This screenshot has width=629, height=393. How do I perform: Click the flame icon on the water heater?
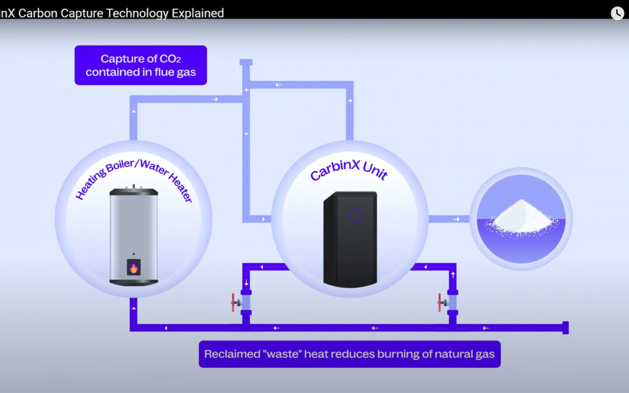point(133,268)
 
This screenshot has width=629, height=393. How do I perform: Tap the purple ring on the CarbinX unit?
point(355,215)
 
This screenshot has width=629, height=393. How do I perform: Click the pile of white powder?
point(521,216)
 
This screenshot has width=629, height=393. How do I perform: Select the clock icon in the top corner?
point(617,13)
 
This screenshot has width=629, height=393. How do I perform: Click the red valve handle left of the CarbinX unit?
point(233,303)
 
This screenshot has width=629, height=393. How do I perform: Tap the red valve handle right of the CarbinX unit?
point(440,303)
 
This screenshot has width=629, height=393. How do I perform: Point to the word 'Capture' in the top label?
point(121,59)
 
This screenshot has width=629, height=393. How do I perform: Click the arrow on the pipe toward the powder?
point(457,219)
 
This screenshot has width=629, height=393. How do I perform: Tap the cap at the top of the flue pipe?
point(246,62)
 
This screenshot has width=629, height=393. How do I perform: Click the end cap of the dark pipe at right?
point(565,327)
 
